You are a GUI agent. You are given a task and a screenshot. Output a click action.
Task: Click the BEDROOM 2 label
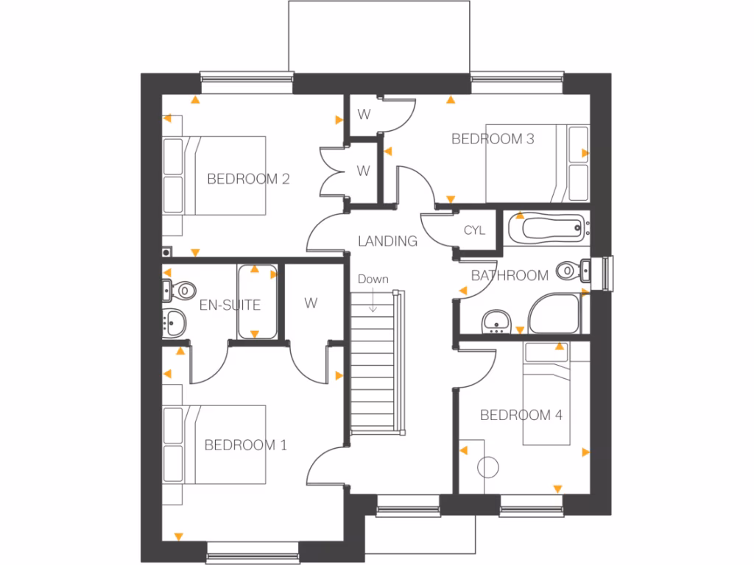click(248, 179)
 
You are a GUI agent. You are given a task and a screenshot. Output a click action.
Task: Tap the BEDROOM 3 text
click(493, 138)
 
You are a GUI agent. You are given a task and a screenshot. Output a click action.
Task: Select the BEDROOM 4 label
click(521, 416)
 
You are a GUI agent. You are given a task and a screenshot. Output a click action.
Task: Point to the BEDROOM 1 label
click(245, 445)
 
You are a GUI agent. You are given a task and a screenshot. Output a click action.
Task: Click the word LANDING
click(387, 241)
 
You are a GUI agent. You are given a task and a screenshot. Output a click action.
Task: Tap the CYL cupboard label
click(475, 230)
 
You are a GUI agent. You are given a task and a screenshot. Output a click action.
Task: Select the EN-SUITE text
click(230, 305)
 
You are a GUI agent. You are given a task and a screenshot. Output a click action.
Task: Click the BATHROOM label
click(510, 276)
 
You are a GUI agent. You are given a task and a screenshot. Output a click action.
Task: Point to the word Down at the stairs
click(373, 280)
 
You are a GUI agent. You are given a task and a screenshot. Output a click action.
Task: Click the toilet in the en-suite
click(177, 290)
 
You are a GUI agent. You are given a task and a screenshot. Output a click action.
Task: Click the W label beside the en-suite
click(311, 302)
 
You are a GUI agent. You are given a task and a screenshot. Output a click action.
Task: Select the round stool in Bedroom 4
click(489, 466)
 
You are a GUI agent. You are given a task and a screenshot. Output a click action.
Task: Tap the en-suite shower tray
click(256, 302)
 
